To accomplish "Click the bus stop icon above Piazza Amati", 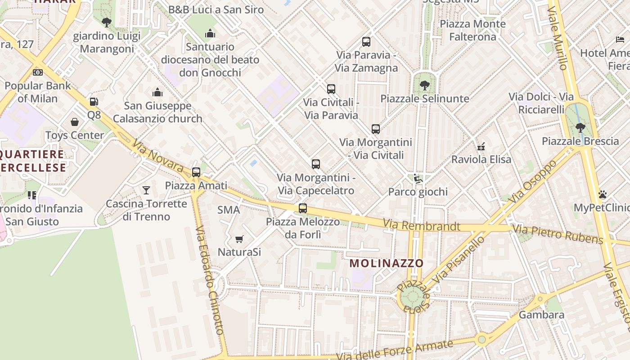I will (196, 172).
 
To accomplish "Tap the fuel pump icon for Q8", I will (94, 102).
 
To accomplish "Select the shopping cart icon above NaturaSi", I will (239, 239).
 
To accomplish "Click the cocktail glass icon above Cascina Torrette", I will (146, 190).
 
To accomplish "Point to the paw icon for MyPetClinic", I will (603, 194).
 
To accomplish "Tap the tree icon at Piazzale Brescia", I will (580, 127).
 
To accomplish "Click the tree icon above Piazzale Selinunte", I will (424, 85).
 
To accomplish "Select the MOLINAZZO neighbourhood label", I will (387, 263).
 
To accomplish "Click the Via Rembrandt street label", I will (422, 225).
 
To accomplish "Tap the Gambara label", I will (541, 315).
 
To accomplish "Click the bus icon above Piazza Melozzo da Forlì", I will (303, 208).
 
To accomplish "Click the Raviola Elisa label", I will (481, 159).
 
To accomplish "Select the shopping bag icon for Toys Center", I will (75, 122).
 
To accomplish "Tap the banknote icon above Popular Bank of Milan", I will (38, 72).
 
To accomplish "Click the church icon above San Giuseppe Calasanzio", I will (157, 92).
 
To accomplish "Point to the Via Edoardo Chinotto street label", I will (209, 279).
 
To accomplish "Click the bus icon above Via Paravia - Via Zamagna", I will (366, 42).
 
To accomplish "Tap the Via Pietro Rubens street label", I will (558, 234).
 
